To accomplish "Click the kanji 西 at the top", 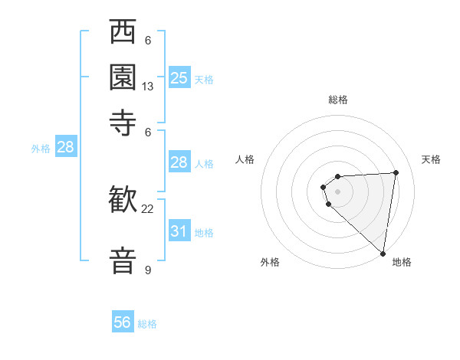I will [123, 34].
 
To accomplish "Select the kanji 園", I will [123, 77].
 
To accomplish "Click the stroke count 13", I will [148, 87].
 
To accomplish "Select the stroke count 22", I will [148, 208].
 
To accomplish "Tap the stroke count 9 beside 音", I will [147, 270].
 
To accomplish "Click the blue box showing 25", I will [179, 77].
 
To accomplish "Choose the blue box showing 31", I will [179, 231].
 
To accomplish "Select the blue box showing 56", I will [123, 322].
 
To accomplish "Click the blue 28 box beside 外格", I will [65, 147].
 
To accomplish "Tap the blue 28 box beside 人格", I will [179, 162].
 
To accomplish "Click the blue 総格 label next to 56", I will [147, 324].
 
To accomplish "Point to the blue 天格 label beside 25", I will [203, 79].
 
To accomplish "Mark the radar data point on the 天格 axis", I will [396, 172].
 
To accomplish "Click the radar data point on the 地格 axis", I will [383, 254].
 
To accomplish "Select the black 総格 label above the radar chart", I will [338, 100].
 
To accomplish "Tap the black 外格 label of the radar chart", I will [270, 263].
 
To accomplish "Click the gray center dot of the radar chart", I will [338, 191].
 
